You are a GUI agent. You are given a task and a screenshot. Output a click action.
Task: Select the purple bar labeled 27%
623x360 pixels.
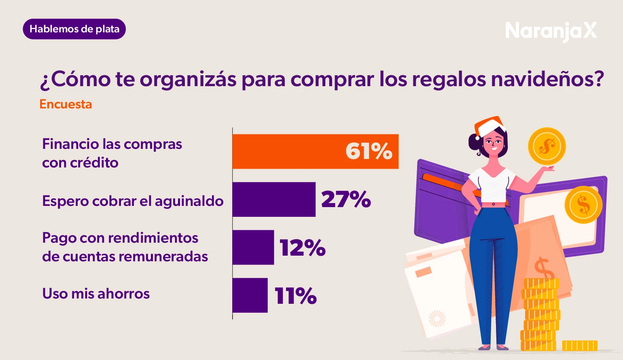pos(274,199)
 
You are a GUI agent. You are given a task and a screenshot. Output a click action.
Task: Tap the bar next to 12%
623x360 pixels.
pos(253,247)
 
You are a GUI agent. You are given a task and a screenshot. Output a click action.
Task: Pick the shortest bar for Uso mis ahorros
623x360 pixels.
pos(250,295)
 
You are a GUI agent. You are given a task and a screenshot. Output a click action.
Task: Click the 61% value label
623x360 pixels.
pos(369,151)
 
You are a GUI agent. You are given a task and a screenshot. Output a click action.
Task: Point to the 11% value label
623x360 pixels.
pos(295,296)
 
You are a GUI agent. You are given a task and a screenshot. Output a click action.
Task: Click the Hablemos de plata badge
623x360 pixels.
pos(74,29)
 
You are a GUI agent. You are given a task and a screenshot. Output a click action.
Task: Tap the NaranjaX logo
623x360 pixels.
pos(551,31)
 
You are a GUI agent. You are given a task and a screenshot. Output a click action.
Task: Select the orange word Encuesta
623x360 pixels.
pos(66,104)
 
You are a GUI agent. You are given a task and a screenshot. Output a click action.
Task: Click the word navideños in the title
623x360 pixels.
pos(547,79)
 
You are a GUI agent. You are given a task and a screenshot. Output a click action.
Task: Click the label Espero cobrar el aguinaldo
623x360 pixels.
pos(133,201)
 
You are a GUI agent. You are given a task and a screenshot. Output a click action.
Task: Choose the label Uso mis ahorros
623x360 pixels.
pos(96,294)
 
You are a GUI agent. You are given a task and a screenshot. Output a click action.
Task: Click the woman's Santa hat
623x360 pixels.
pos(489,126)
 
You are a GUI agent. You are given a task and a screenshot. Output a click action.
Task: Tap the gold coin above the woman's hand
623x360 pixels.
pos(547,146)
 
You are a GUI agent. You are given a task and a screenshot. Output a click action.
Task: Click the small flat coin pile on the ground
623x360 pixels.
pos(579,345)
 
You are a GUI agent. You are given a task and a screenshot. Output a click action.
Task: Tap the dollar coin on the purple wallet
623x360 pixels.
pos(583,205)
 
